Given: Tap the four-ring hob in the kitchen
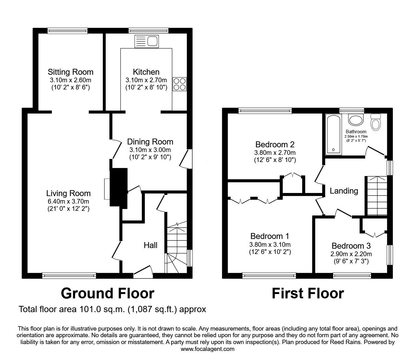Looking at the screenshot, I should [180, 84].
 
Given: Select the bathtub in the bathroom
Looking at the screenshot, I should [334, 134].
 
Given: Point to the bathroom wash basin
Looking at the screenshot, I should [355, 119].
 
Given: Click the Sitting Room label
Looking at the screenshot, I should [70, 72].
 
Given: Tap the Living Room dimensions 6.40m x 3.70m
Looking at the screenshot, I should [68, 201].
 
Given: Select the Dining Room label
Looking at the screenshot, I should [150, 142].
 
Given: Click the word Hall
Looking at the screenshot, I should [150, 245].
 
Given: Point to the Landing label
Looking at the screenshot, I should [344, 190].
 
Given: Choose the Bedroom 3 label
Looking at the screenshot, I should [351, 246].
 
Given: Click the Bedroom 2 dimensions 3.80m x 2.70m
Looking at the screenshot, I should [275, 153].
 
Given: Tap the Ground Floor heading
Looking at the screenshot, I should [107, 293].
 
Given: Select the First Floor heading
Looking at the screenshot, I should [307, 293].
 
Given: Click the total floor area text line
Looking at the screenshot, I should [112, 309].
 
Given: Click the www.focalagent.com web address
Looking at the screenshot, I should [207, 349].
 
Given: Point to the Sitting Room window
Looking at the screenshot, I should [67, 31].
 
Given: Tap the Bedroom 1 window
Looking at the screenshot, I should [269, 276].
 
